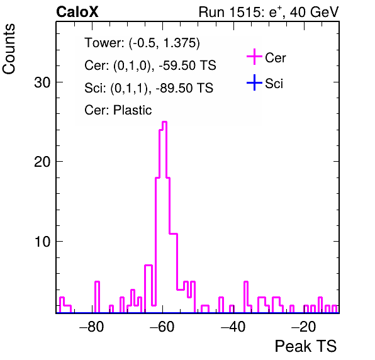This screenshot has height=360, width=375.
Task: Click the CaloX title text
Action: point(77,12)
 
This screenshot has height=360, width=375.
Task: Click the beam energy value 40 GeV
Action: point(314,12)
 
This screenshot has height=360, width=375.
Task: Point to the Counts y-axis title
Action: point(9,49)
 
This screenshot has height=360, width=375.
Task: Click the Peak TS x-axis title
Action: point(305,346)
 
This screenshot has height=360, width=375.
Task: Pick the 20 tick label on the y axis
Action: point(42,162)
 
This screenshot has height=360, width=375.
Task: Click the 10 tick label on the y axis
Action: point(42,242)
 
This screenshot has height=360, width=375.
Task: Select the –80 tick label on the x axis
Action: point(92,327)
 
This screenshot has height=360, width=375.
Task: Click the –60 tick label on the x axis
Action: point(162,327)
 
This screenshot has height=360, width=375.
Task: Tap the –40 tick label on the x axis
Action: point(233,327)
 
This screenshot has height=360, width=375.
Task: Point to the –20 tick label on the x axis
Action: point(304,327)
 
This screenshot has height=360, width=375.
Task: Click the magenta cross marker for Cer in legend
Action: point(254,57)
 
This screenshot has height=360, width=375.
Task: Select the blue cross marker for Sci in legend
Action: point(254,82)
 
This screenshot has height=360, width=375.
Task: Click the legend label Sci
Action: point(274,84)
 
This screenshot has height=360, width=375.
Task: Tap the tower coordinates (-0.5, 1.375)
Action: point(164,43)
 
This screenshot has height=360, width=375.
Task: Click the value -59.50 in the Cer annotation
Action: point(176,65)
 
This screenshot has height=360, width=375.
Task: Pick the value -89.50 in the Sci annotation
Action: point(172,87)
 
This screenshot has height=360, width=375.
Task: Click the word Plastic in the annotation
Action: point(132,110)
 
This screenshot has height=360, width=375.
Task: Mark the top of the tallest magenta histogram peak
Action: point(165,122)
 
